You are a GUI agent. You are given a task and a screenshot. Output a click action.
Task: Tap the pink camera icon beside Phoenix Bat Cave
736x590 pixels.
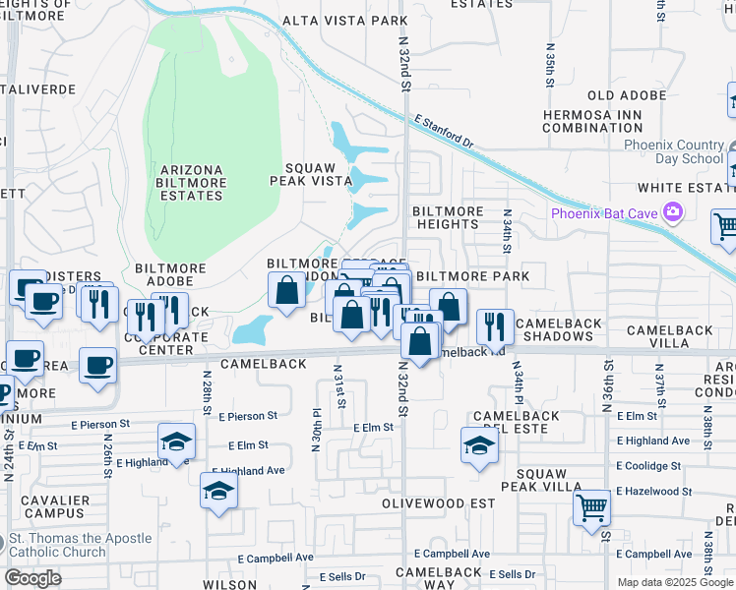click(x=674, y=211)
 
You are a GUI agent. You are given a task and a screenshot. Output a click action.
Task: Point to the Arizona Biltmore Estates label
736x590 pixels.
click(x=190, y=183)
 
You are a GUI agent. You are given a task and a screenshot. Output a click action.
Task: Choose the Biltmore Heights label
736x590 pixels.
click(x=447, y=217)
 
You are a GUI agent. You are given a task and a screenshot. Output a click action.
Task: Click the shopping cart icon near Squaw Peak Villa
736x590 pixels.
click(x=591, y=508)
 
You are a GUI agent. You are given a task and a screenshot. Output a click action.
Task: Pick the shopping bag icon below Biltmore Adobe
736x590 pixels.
click(x=286, y=291)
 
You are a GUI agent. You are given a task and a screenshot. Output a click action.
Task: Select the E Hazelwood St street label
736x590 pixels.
click(x=654, y=491)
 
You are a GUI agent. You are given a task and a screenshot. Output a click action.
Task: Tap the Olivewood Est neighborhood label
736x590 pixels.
click(x=439, y=502)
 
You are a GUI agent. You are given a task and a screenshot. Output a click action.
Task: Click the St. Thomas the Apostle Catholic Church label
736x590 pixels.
click(x=80, y=545)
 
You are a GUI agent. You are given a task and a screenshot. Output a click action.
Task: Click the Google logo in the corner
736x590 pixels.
click(x=33, y=578)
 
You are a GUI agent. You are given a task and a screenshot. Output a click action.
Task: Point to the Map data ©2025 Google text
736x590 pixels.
click(x=675, y=582)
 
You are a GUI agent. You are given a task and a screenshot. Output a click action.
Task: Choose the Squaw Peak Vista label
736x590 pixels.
click(x=311, y=174)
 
